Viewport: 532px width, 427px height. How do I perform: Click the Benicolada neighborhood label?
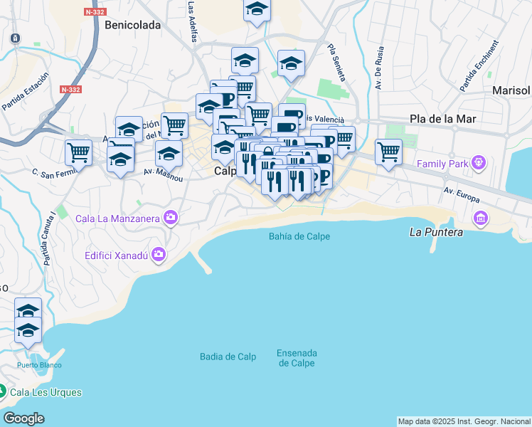click(132, 25)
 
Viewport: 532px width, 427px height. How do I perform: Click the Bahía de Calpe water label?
click(299, 236)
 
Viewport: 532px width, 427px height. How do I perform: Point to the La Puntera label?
click(437, 232)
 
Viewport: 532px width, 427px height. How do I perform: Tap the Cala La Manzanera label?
click(117, 218)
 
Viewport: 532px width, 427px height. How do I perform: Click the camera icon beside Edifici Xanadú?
click(158, 254)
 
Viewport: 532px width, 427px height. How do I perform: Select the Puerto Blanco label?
click(39, 365)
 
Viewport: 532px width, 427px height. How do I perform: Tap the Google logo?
click(23, 418)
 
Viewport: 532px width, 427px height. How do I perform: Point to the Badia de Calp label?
click(228, 357)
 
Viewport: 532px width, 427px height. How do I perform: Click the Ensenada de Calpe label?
click(297, 358)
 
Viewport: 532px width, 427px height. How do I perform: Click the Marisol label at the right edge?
click(511, 90)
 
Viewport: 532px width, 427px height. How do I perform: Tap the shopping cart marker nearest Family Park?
click(388, 151)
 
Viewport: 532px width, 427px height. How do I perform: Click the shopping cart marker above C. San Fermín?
click(78, 151)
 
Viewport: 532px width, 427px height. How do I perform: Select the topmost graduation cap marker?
click(257, 9)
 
